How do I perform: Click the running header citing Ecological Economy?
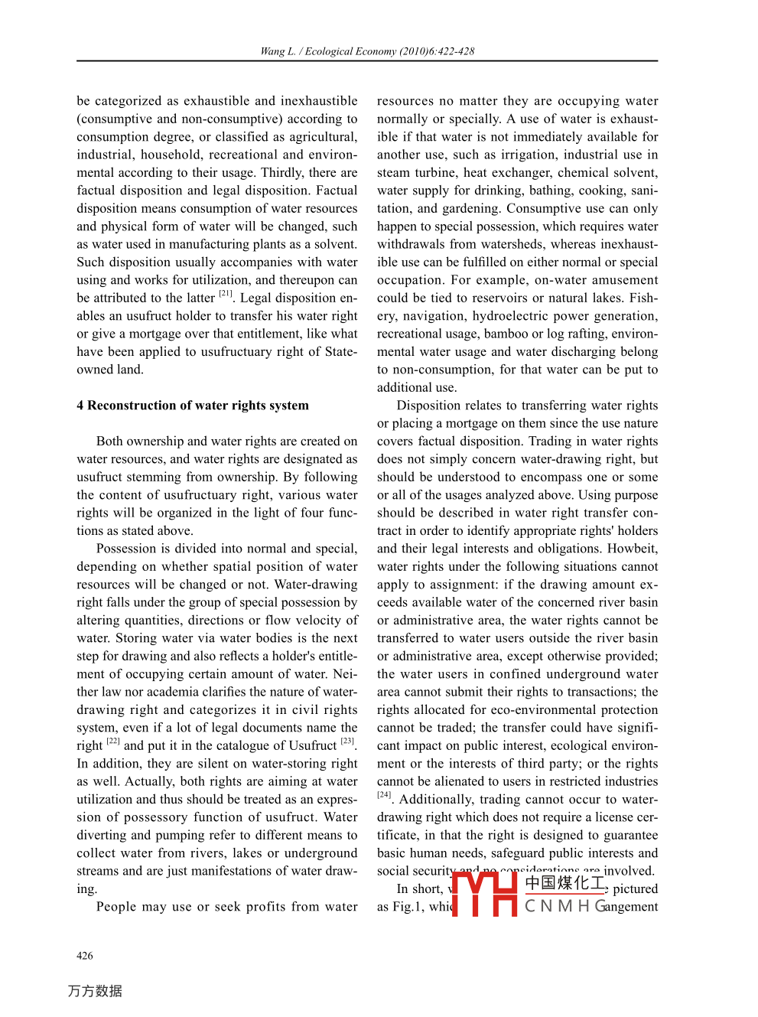point(367,51)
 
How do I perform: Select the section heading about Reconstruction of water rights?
point(193,406)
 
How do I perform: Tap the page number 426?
point(85,956)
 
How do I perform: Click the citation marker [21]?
point(226,294)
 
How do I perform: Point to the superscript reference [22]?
point(113,742)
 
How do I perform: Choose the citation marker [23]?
point(347,742)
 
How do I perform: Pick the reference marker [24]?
point(384,795)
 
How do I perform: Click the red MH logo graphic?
point(484,894)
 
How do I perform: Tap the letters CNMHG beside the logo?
point(566,907)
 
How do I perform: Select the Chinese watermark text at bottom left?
point(95,991)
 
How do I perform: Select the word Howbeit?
point(633,549)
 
